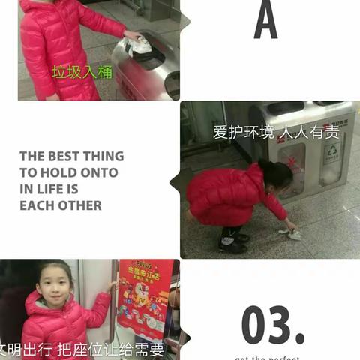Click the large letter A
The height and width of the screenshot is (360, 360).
point(265,20)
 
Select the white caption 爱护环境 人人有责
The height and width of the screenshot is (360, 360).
point(276,133)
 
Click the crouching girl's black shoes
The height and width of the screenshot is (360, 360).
point(232,242)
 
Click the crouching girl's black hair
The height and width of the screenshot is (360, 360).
point(276,174)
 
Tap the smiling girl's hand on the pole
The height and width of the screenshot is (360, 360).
point(112,286)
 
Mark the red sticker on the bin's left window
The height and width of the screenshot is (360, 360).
point(292,163)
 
